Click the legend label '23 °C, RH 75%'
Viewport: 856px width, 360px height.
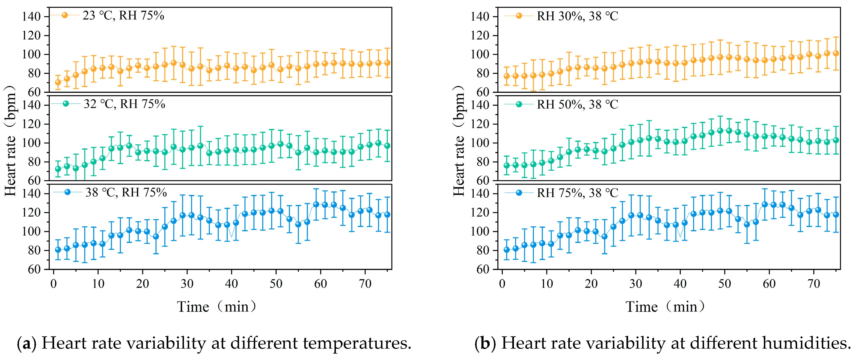pos(123,16)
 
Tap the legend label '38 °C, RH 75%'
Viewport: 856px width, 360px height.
pos(126,192)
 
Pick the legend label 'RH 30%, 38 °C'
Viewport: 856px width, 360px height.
pos(577,16)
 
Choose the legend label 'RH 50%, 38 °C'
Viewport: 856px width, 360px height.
pos(577,104)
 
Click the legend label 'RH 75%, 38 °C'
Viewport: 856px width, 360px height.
pos(577,193)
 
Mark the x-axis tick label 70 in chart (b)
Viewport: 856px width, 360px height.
pos(814,284)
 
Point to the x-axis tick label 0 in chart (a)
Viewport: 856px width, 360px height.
pos(53,284)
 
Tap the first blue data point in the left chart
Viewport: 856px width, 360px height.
pos(58,250)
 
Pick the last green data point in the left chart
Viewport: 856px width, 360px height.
pos(387,146)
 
